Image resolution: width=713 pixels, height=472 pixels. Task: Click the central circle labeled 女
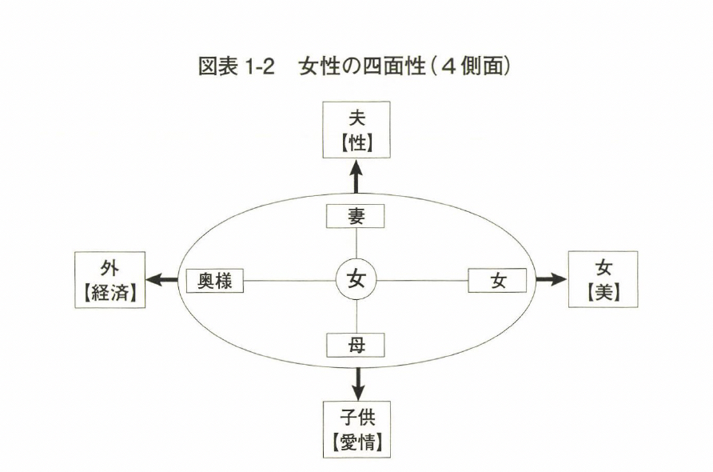click(356, 280)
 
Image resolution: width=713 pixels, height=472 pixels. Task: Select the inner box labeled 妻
click(356, 216)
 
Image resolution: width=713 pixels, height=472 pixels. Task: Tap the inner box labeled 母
click(356, 345)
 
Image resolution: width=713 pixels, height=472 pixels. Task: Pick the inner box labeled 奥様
click(215, 281)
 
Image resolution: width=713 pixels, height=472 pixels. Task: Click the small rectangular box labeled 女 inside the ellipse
click(497, 281)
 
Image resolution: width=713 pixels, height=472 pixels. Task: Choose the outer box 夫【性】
click(356, 130)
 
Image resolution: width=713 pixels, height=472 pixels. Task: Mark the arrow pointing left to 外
click(165, 280)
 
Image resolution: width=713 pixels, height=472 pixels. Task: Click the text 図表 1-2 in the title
click(237, 68)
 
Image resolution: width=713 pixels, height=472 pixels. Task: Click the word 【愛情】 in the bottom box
click(356, 440)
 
